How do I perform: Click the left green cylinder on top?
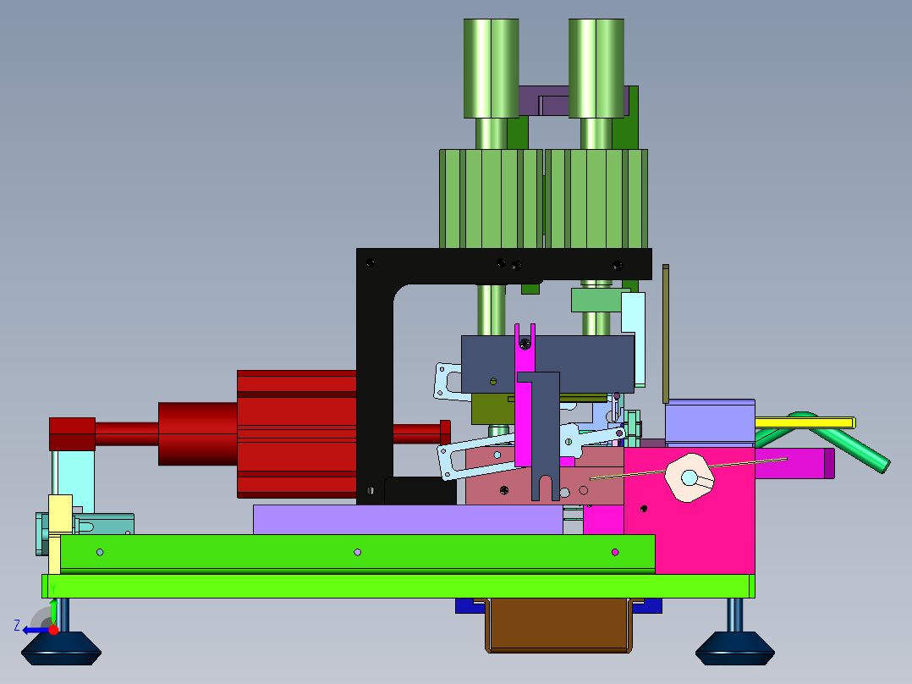492,68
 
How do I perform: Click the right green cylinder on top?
596,68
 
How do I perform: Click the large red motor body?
297,434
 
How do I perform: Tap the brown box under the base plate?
558,626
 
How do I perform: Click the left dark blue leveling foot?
61,649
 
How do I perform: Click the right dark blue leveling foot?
735,649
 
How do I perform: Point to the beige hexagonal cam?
689,477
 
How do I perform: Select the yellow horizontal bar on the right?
805,422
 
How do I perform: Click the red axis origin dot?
53,630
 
